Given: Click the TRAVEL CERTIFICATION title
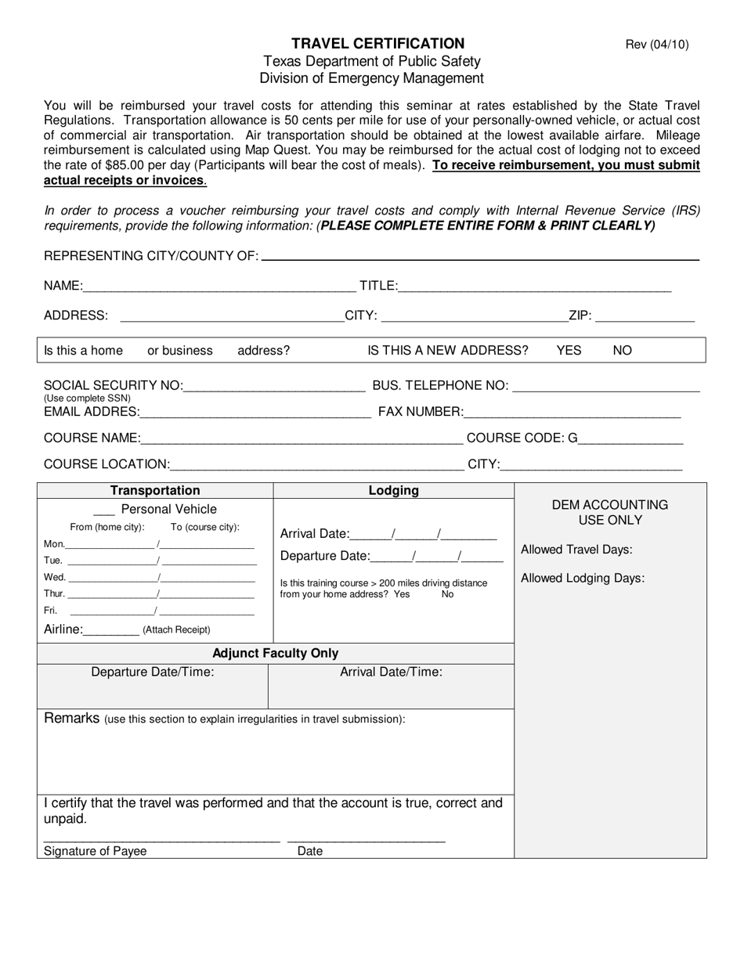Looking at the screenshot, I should coord(377,44).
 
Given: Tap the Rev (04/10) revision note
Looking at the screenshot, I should coord(656,45).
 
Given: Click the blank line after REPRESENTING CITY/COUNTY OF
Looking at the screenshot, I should coord(480,256).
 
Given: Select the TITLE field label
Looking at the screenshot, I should coord(378,287).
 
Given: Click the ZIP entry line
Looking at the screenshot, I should coord(645,316).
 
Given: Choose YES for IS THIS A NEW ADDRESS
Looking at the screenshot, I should coord(569,351).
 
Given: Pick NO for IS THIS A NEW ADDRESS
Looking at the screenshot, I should coord(622,351).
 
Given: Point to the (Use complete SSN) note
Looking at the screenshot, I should coord(87,399).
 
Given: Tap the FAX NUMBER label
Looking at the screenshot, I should coord(421,412).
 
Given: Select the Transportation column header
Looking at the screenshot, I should coord(155,491).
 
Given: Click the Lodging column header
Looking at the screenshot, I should coord(393,491).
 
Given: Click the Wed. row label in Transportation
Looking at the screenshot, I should coord(55,578).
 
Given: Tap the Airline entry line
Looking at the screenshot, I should coord(111,630).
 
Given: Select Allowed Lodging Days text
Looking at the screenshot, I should coord(583,579).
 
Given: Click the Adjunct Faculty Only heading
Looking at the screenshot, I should coord(276,653).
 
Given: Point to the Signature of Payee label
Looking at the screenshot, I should coord(95,851).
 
